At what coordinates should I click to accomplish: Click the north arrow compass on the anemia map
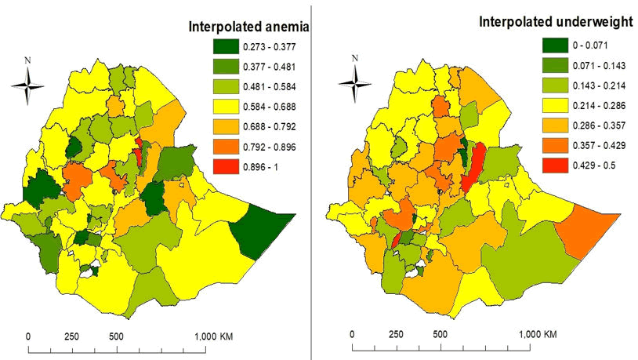click(x=28, y=85)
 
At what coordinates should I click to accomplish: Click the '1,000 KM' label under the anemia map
click(x=214, y=336)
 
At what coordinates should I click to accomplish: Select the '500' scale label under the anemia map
click(x=116, y=336)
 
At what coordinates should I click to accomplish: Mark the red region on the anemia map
click(x=139, y=152)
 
